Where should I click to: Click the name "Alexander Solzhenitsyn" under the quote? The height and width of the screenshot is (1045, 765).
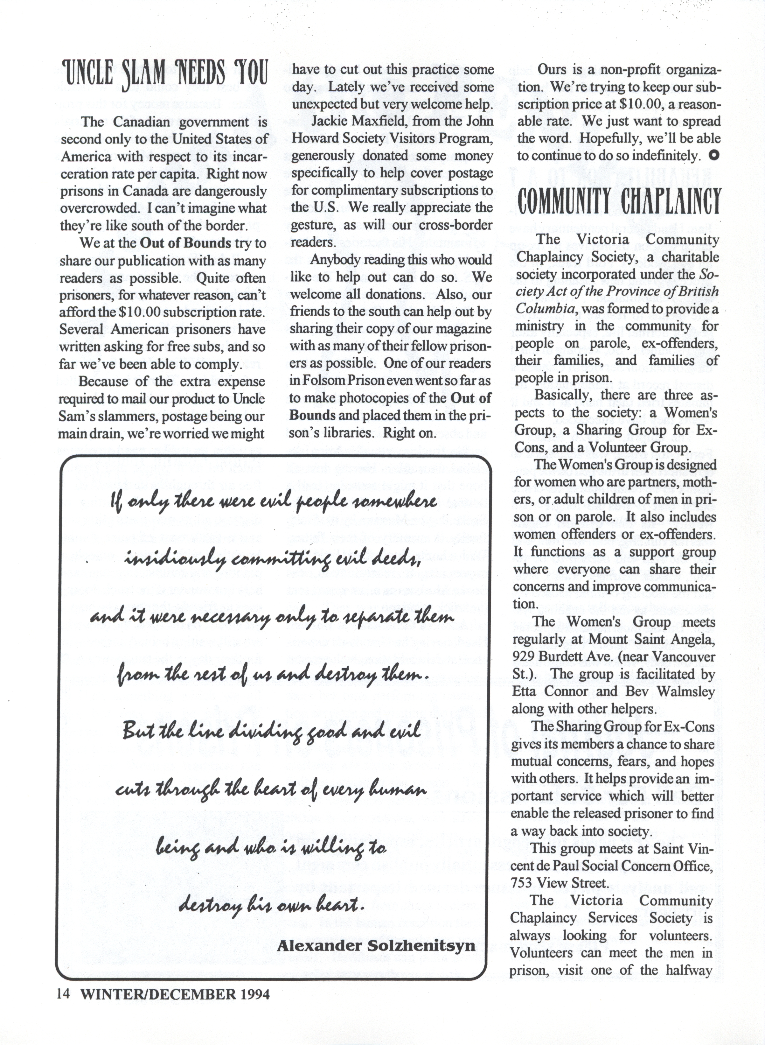pyautogui.click(x=376, y=945)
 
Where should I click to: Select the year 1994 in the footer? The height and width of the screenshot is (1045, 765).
pyautogui.click(x=255, y=994)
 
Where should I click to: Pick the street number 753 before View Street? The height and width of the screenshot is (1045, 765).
pyautogui.click(x=521, y=883)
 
